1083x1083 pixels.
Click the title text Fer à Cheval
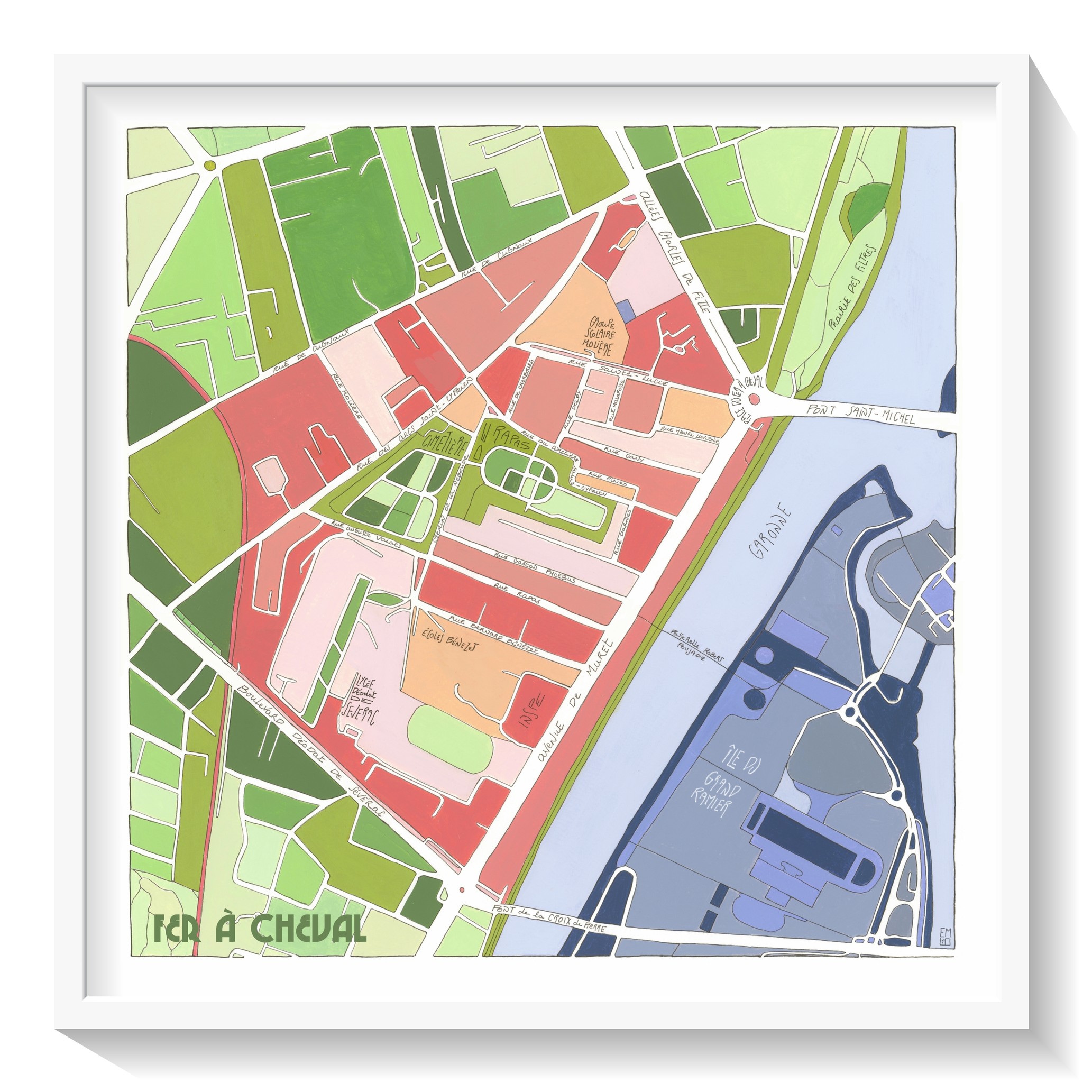[260, 930]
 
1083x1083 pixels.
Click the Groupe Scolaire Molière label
[600, 336]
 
